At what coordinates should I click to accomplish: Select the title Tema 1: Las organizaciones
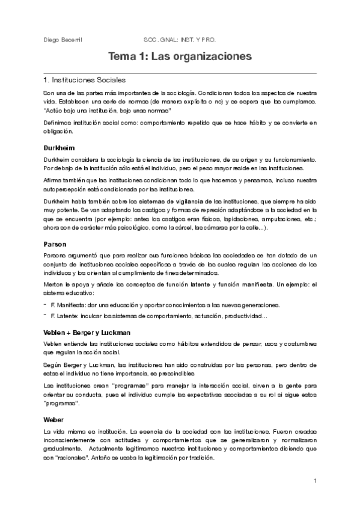point(180,57)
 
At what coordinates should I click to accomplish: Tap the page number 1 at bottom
point(315,481)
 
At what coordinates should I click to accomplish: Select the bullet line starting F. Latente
point(159,316)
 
